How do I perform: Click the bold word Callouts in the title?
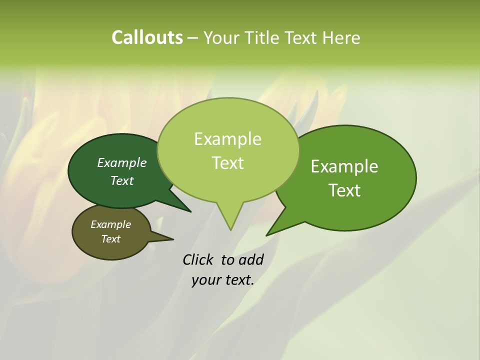click(x=147, y=37)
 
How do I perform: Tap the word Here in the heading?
click(x=340, y=37)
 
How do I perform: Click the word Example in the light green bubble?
click(x=227, y=139)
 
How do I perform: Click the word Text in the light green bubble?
click(x=228, y=163)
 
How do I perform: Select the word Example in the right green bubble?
click(x=344, y=166)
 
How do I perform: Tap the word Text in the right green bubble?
click(x=344, y=190)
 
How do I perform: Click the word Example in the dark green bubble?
click(x=122, y=163)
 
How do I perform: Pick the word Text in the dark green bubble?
click(x=122, y=181)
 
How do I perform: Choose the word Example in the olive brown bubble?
click(x=110, y=224)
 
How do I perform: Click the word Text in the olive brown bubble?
click(x=110, y=239)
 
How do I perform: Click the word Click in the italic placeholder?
click(x=199, y=259)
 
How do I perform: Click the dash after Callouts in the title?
click(x=193, y=38)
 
